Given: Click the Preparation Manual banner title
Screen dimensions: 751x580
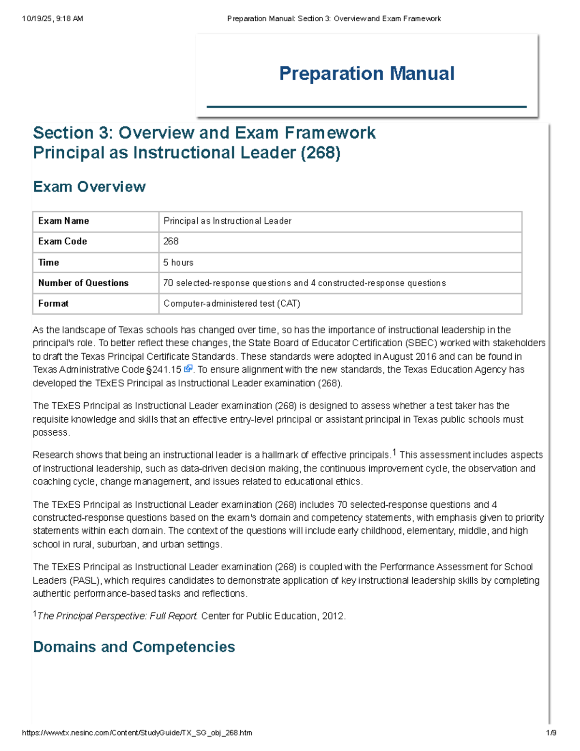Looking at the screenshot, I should click(366, 74).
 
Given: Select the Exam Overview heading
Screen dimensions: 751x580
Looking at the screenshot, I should click(89, 187).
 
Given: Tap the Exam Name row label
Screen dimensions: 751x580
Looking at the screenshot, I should click(63, 221).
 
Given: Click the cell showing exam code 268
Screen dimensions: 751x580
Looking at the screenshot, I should click(171, 241).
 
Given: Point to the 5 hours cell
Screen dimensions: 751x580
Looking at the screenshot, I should click(178, 263).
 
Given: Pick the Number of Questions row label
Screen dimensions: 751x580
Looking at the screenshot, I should click(83, 283).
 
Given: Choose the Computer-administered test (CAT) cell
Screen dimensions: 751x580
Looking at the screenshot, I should click(232, 304).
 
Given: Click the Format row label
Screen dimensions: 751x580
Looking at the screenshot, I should click(53, 304).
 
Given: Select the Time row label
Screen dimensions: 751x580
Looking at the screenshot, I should click(48, 263).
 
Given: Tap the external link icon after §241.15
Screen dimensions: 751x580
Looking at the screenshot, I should click(188, 369).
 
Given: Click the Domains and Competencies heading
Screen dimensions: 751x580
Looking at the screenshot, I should click(134, 647).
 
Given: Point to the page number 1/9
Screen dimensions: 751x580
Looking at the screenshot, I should click(551, 733).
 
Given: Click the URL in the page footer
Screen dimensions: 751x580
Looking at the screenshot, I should click(137, 733).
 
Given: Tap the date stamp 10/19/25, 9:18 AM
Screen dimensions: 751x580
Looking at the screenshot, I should click(52, 19).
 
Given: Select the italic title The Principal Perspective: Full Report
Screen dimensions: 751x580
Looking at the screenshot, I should click(117, 616).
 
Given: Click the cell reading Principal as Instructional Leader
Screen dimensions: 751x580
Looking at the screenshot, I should click(227, 221).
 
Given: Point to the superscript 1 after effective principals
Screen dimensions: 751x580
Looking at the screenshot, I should click(394, 453).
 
